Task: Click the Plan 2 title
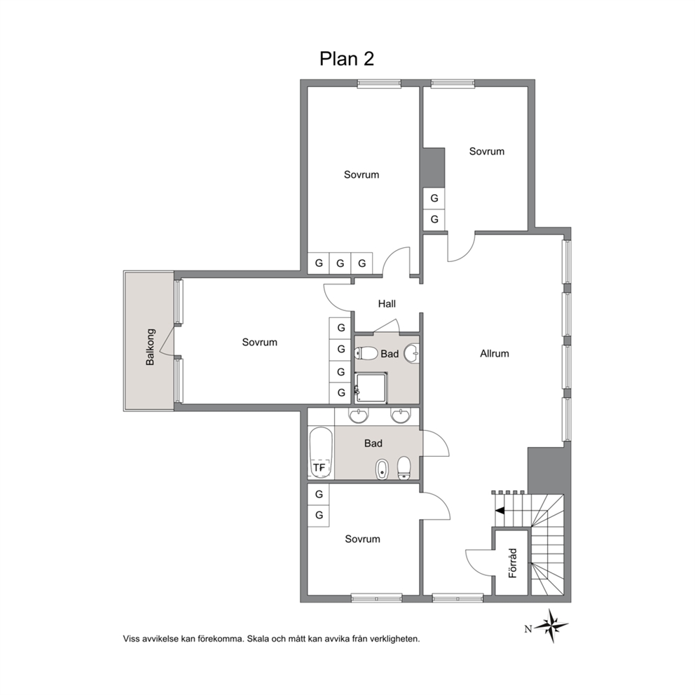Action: pyautogui.click(x=347, y=59)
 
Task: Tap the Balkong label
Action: pyautogui.click(x=150, y=347)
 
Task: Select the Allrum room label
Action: pyautogui.click(x=494, y=354)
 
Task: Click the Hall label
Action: pyautogui.click(x=387, y=303)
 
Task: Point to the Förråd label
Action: pyautogui.click(x=513, y=563)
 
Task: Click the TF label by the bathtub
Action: pyautogui.click(x=319, y=467)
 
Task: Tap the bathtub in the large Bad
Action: pyautogui.click(x=321, y=453)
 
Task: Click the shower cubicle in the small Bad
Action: pyautogui.click(x=371, y=388)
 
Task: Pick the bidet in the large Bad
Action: pyautogui.click(x=382, y=469)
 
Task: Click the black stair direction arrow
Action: pyautogui.click(x=500, y=511)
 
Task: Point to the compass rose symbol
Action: pyautogui.click(x=551, y=626)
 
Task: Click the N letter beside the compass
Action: pyautogui.click(x=528, y=629)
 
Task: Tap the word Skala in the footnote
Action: pyautogui.click(x=257, y=639)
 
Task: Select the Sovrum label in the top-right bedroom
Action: pyautogui.click(x=487, y=151)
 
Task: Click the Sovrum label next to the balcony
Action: pyautogui.click(x=260, y=342)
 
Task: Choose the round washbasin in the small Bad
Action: pyautogui.click(x=412, y=354)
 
